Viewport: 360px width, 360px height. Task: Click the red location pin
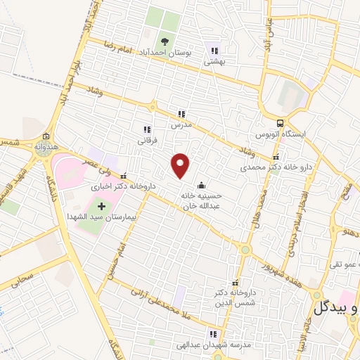[x=181, y=165]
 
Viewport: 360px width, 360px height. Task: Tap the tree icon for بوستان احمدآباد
[x=166, y=41]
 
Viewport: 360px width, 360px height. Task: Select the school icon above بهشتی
[x=214, y=50]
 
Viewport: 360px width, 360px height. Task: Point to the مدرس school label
[x=181, y=124]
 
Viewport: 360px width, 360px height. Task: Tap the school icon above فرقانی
[x=147, y=129]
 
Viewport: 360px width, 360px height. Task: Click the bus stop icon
[x=282, y=122]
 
